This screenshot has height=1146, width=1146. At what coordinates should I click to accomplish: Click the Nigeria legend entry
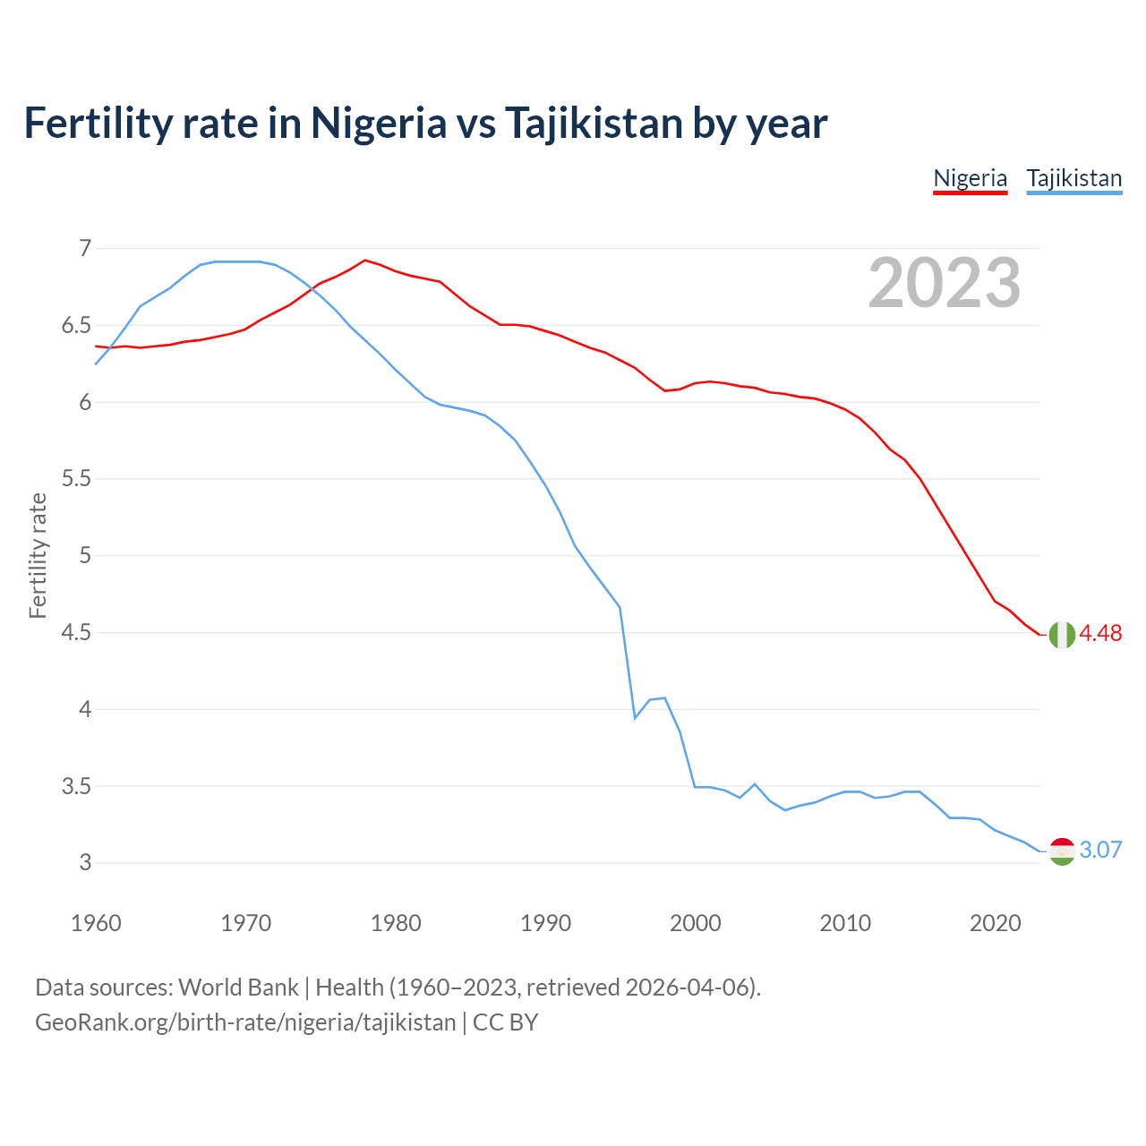970,178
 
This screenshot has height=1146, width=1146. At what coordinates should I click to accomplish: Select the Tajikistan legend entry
1073,178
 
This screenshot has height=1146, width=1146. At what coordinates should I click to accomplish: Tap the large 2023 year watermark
944,283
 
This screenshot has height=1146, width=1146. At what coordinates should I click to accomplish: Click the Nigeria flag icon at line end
1062,634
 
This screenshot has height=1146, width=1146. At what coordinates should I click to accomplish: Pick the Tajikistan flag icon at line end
1062,851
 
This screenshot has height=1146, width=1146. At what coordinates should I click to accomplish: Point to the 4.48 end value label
1100,634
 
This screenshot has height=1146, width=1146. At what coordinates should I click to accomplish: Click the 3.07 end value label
1100,851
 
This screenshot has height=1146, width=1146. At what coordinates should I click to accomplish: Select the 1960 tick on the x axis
96,923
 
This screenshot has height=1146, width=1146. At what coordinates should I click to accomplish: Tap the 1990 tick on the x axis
545,923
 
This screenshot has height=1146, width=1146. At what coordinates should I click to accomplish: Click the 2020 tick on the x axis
995,923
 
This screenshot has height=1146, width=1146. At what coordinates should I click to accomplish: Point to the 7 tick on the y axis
85,249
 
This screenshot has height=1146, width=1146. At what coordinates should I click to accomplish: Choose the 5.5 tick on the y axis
76,479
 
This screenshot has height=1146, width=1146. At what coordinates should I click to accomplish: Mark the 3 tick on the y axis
85,863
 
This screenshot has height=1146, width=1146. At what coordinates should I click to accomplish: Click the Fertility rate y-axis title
38,555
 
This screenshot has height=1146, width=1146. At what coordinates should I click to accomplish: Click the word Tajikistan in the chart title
594,123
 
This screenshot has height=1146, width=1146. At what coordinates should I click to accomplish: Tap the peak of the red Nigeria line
364,261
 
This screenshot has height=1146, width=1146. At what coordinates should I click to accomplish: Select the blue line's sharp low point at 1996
635,718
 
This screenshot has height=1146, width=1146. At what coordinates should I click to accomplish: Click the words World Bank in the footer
238,988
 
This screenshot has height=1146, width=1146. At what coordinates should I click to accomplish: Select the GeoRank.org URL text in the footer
245,1022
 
